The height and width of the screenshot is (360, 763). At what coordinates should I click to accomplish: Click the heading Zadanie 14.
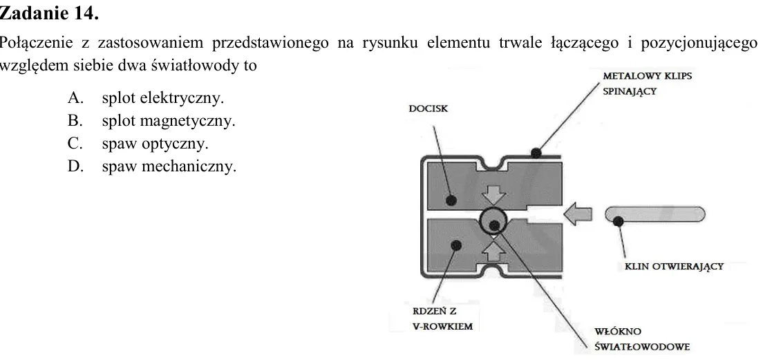49,14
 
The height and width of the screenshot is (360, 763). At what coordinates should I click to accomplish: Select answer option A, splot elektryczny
146,98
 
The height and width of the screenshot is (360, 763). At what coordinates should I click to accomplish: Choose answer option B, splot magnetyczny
151,121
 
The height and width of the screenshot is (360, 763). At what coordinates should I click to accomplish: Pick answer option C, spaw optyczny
138,144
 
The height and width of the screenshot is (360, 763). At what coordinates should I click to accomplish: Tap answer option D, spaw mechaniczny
152,167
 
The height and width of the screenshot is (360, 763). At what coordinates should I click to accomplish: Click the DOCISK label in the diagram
428,109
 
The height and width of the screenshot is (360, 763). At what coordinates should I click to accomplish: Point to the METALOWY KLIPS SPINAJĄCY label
647,84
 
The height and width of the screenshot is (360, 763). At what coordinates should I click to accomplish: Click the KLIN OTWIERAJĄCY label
674,267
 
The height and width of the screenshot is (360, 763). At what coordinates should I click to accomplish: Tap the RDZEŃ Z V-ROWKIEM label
442,319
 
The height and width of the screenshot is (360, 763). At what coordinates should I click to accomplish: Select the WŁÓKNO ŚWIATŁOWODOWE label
642,339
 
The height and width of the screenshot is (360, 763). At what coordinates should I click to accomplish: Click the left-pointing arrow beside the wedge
577,214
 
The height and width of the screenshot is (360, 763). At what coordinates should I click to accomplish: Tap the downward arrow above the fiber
494,195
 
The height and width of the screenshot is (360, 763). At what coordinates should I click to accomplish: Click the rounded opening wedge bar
655,214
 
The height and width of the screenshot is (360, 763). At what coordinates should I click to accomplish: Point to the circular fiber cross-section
494,221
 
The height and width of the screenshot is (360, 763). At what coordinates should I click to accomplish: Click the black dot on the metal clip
536,153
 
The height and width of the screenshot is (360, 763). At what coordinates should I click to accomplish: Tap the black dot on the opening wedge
619,222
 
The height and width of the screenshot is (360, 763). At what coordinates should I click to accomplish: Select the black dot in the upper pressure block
451,200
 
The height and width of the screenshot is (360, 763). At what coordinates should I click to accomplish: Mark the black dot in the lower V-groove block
456,245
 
